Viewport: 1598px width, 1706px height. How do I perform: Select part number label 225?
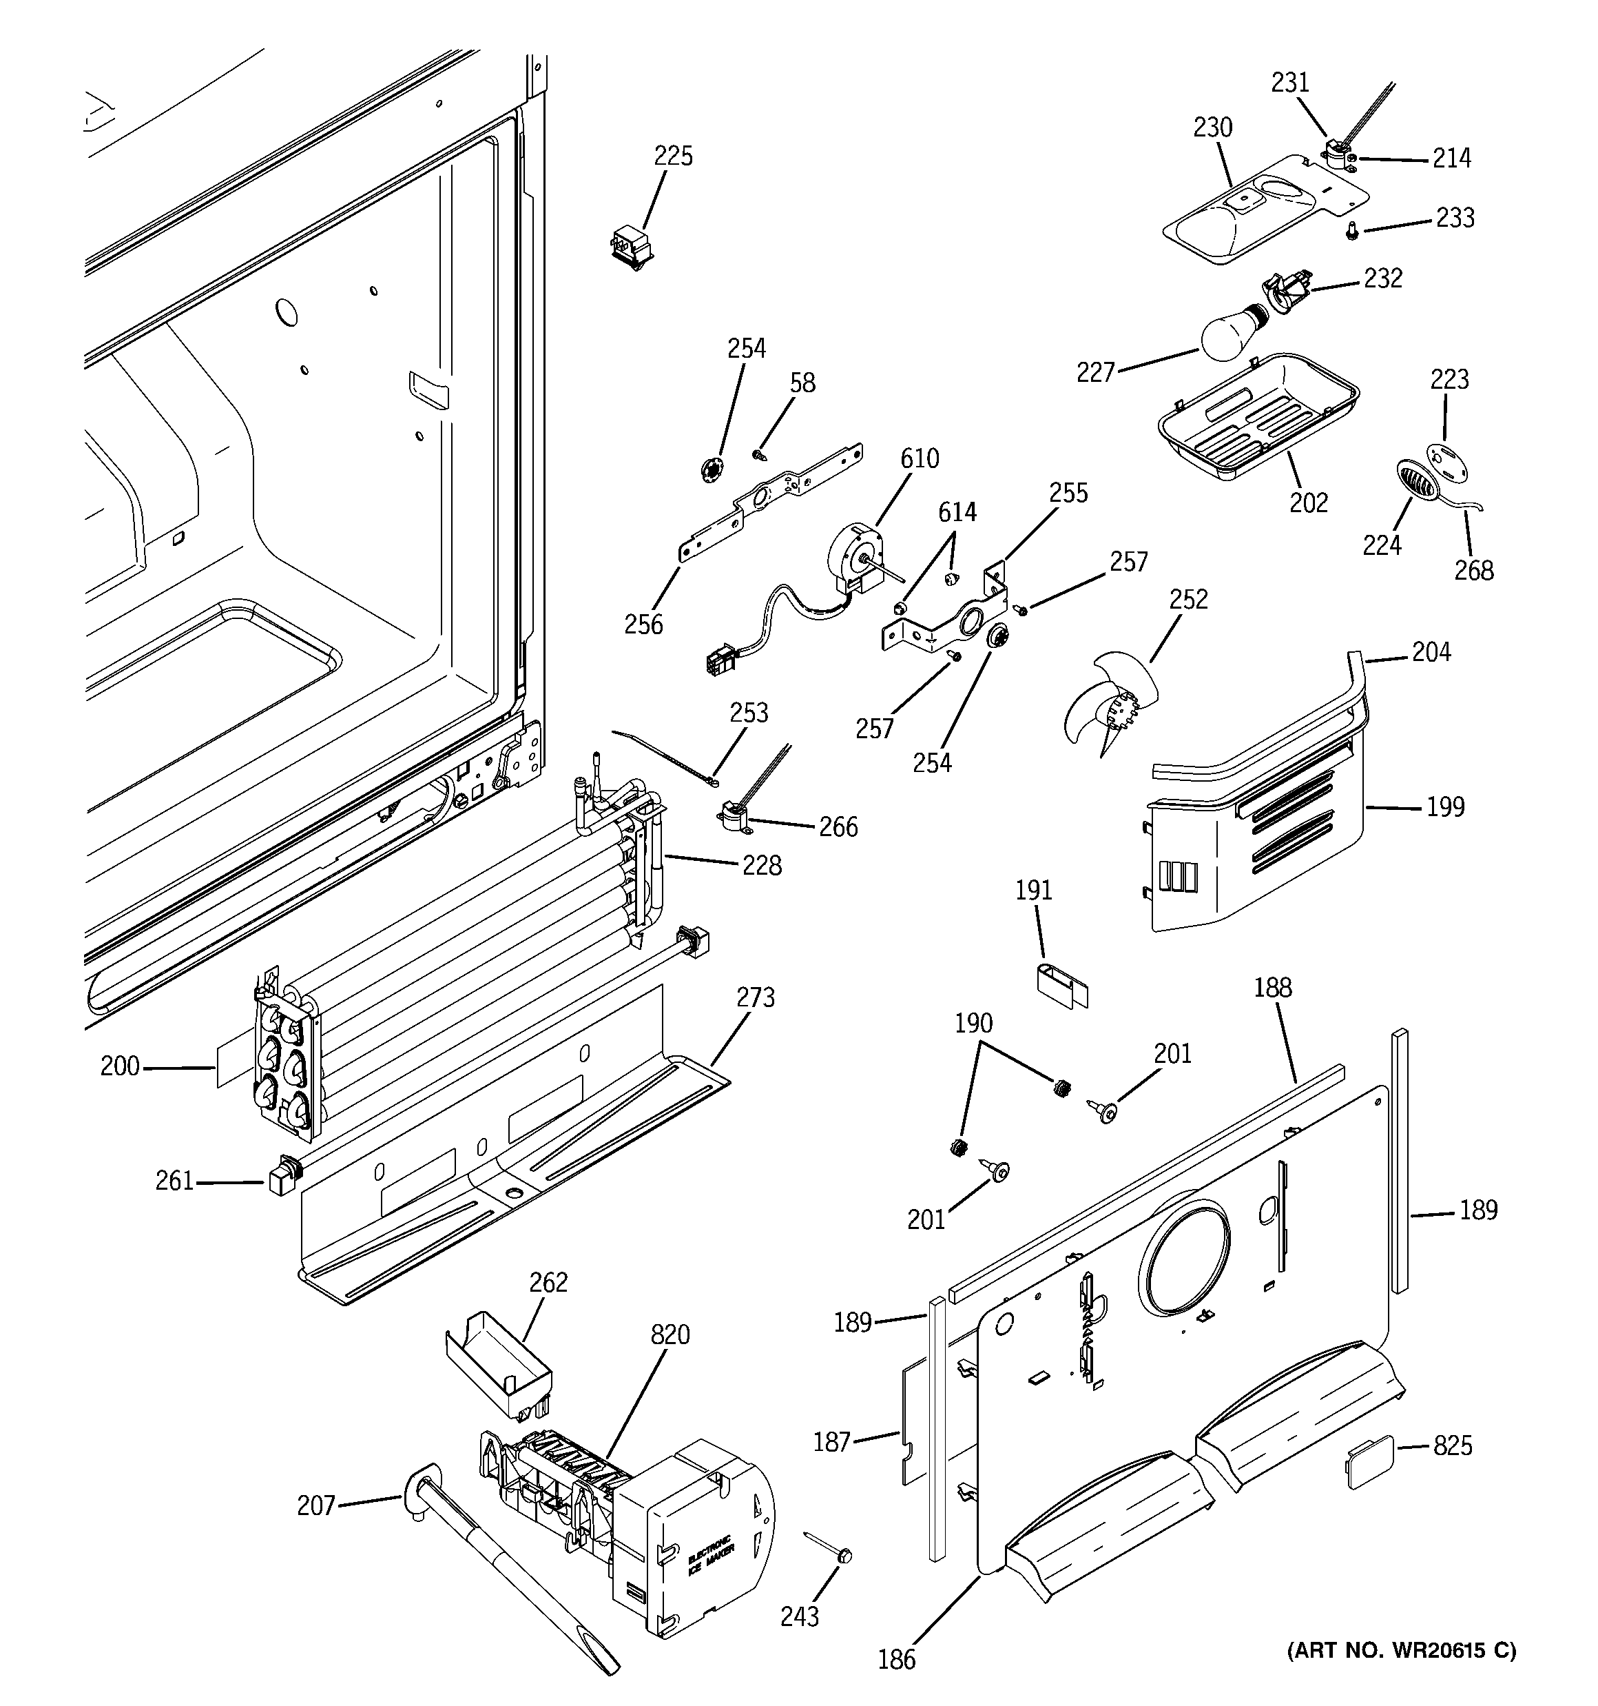[x=674, y=156]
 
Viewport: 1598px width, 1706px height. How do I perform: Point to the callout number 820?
[x=670, y=1334]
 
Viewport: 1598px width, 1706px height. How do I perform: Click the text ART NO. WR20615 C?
[x=1401, y=1650]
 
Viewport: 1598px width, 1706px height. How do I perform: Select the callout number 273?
[x=755, y=997]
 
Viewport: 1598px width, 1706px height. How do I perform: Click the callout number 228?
[x=762, y=866]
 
